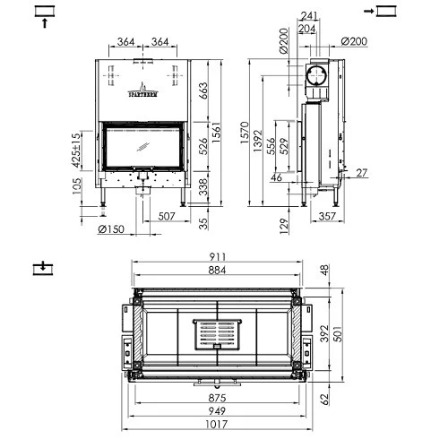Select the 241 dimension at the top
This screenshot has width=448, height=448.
[310, 13]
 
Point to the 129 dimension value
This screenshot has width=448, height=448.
[284, 223]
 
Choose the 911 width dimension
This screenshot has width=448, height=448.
[218, 255]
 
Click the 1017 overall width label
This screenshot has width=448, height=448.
[218, 428]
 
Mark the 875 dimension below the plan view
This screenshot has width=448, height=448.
[218, 398]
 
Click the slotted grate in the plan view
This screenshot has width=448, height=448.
[218, 336]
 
